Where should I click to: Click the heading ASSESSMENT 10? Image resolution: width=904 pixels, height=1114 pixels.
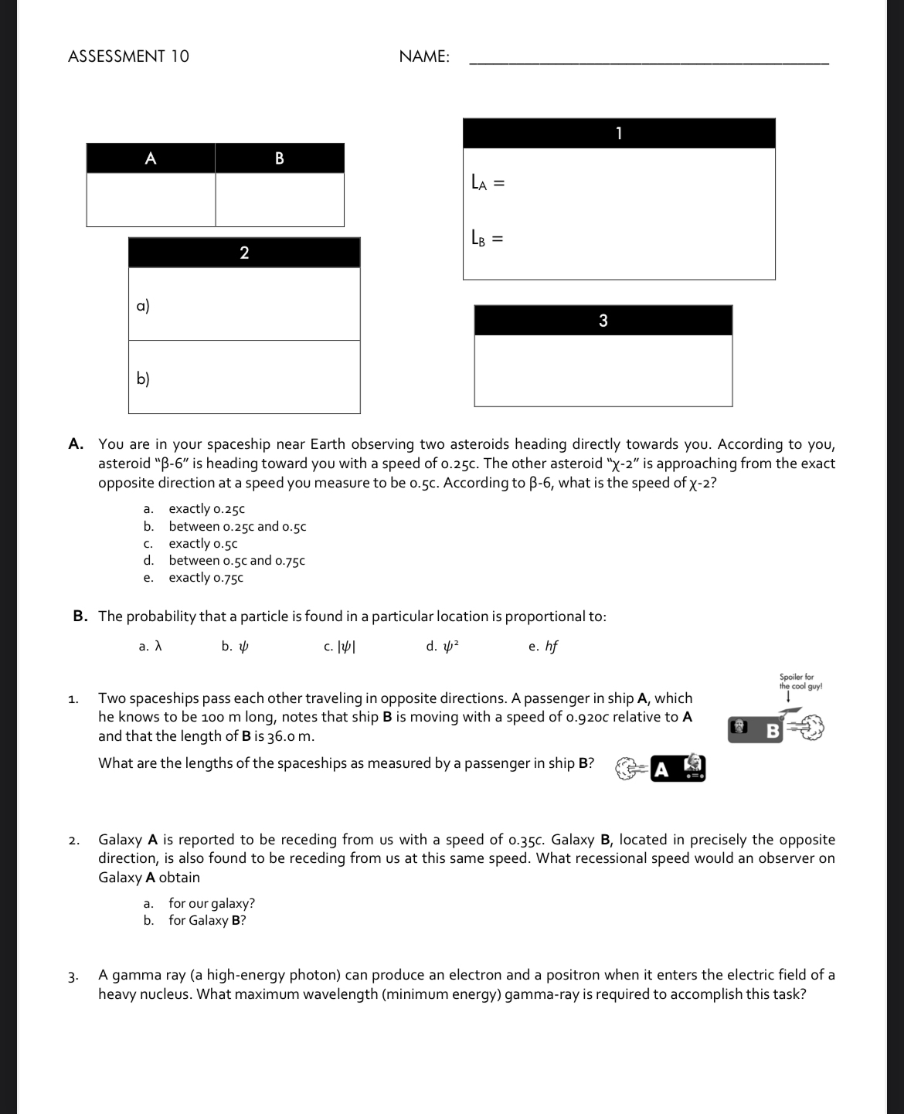128,56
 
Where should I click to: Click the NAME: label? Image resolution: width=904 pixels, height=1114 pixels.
424,56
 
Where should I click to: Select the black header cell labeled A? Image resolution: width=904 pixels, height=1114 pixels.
151,158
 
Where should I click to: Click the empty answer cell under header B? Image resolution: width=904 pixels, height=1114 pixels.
280,199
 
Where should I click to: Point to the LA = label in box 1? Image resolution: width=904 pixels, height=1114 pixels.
488,183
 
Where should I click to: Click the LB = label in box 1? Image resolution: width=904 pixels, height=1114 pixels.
488,239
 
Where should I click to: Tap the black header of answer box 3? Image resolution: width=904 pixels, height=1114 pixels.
603,321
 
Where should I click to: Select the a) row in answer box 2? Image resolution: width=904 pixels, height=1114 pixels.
244,304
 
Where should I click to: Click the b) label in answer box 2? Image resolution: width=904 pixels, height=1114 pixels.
143,379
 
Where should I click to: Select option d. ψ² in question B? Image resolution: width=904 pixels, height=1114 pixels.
443,647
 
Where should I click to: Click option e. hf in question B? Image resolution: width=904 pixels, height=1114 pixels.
543,647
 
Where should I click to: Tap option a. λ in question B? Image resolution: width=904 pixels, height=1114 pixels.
150,647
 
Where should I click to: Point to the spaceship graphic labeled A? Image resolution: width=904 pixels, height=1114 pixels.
661,769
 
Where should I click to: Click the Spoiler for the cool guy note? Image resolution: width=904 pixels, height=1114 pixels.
800,681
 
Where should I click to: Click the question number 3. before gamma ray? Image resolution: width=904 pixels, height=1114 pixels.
73,976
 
